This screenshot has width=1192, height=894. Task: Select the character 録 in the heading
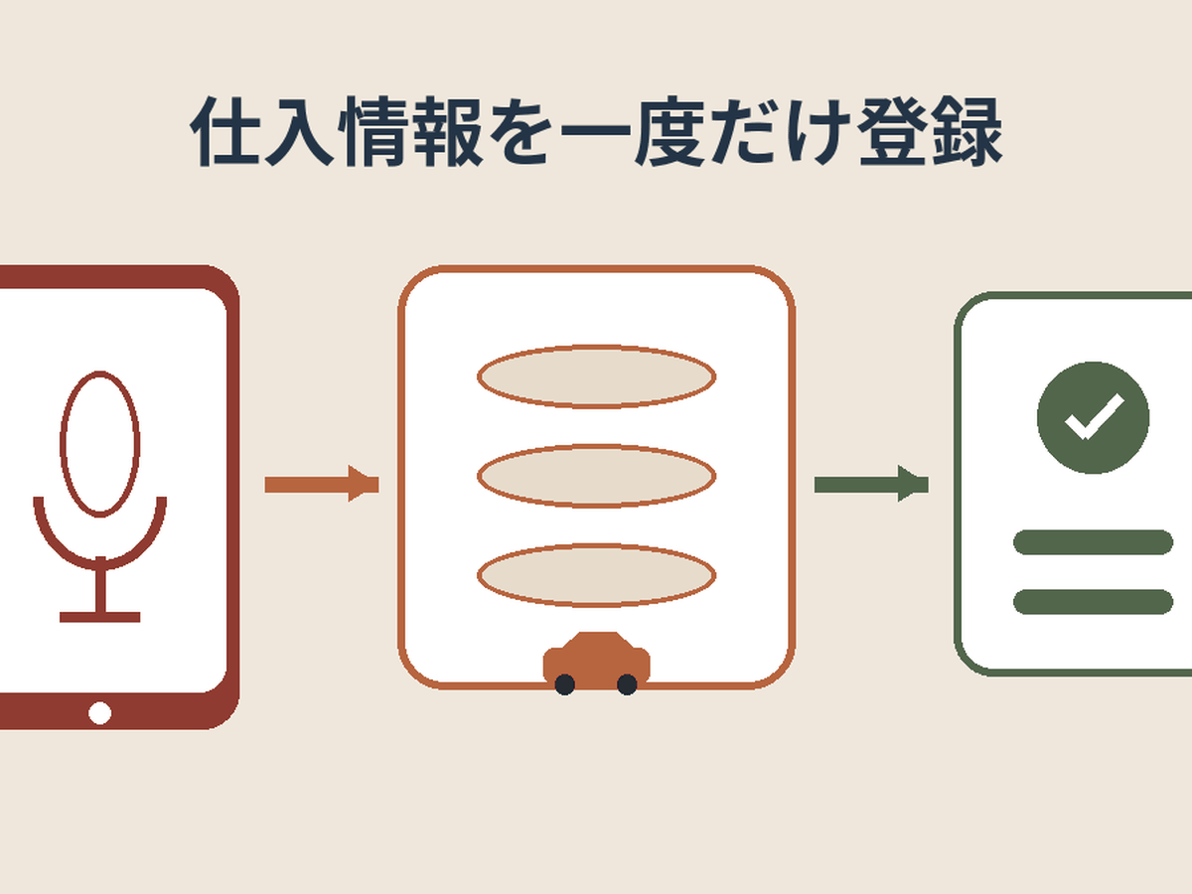pos(968,132)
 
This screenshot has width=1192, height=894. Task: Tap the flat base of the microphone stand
pos(100,617)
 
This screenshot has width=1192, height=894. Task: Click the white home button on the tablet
pos(100,712)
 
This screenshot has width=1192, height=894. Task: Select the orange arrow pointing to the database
pos(322,484)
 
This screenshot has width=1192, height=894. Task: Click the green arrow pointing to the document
pos(871,484)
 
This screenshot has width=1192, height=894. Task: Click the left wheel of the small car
pos(565,684)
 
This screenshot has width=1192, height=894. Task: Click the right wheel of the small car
pos(627,684)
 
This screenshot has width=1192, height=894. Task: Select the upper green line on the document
pos(1094,542)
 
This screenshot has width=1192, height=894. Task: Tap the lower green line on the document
pos(1094,601)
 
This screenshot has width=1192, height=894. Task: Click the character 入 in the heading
pos(299,132)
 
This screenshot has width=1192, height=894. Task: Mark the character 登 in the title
pos(893,132)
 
